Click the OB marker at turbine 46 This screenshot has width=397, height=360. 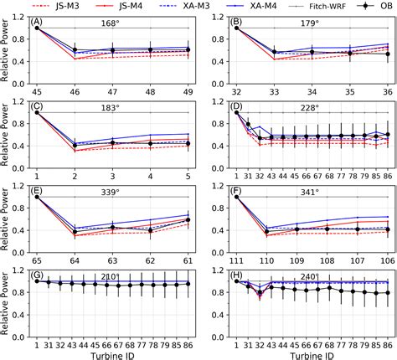(75, 51)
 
